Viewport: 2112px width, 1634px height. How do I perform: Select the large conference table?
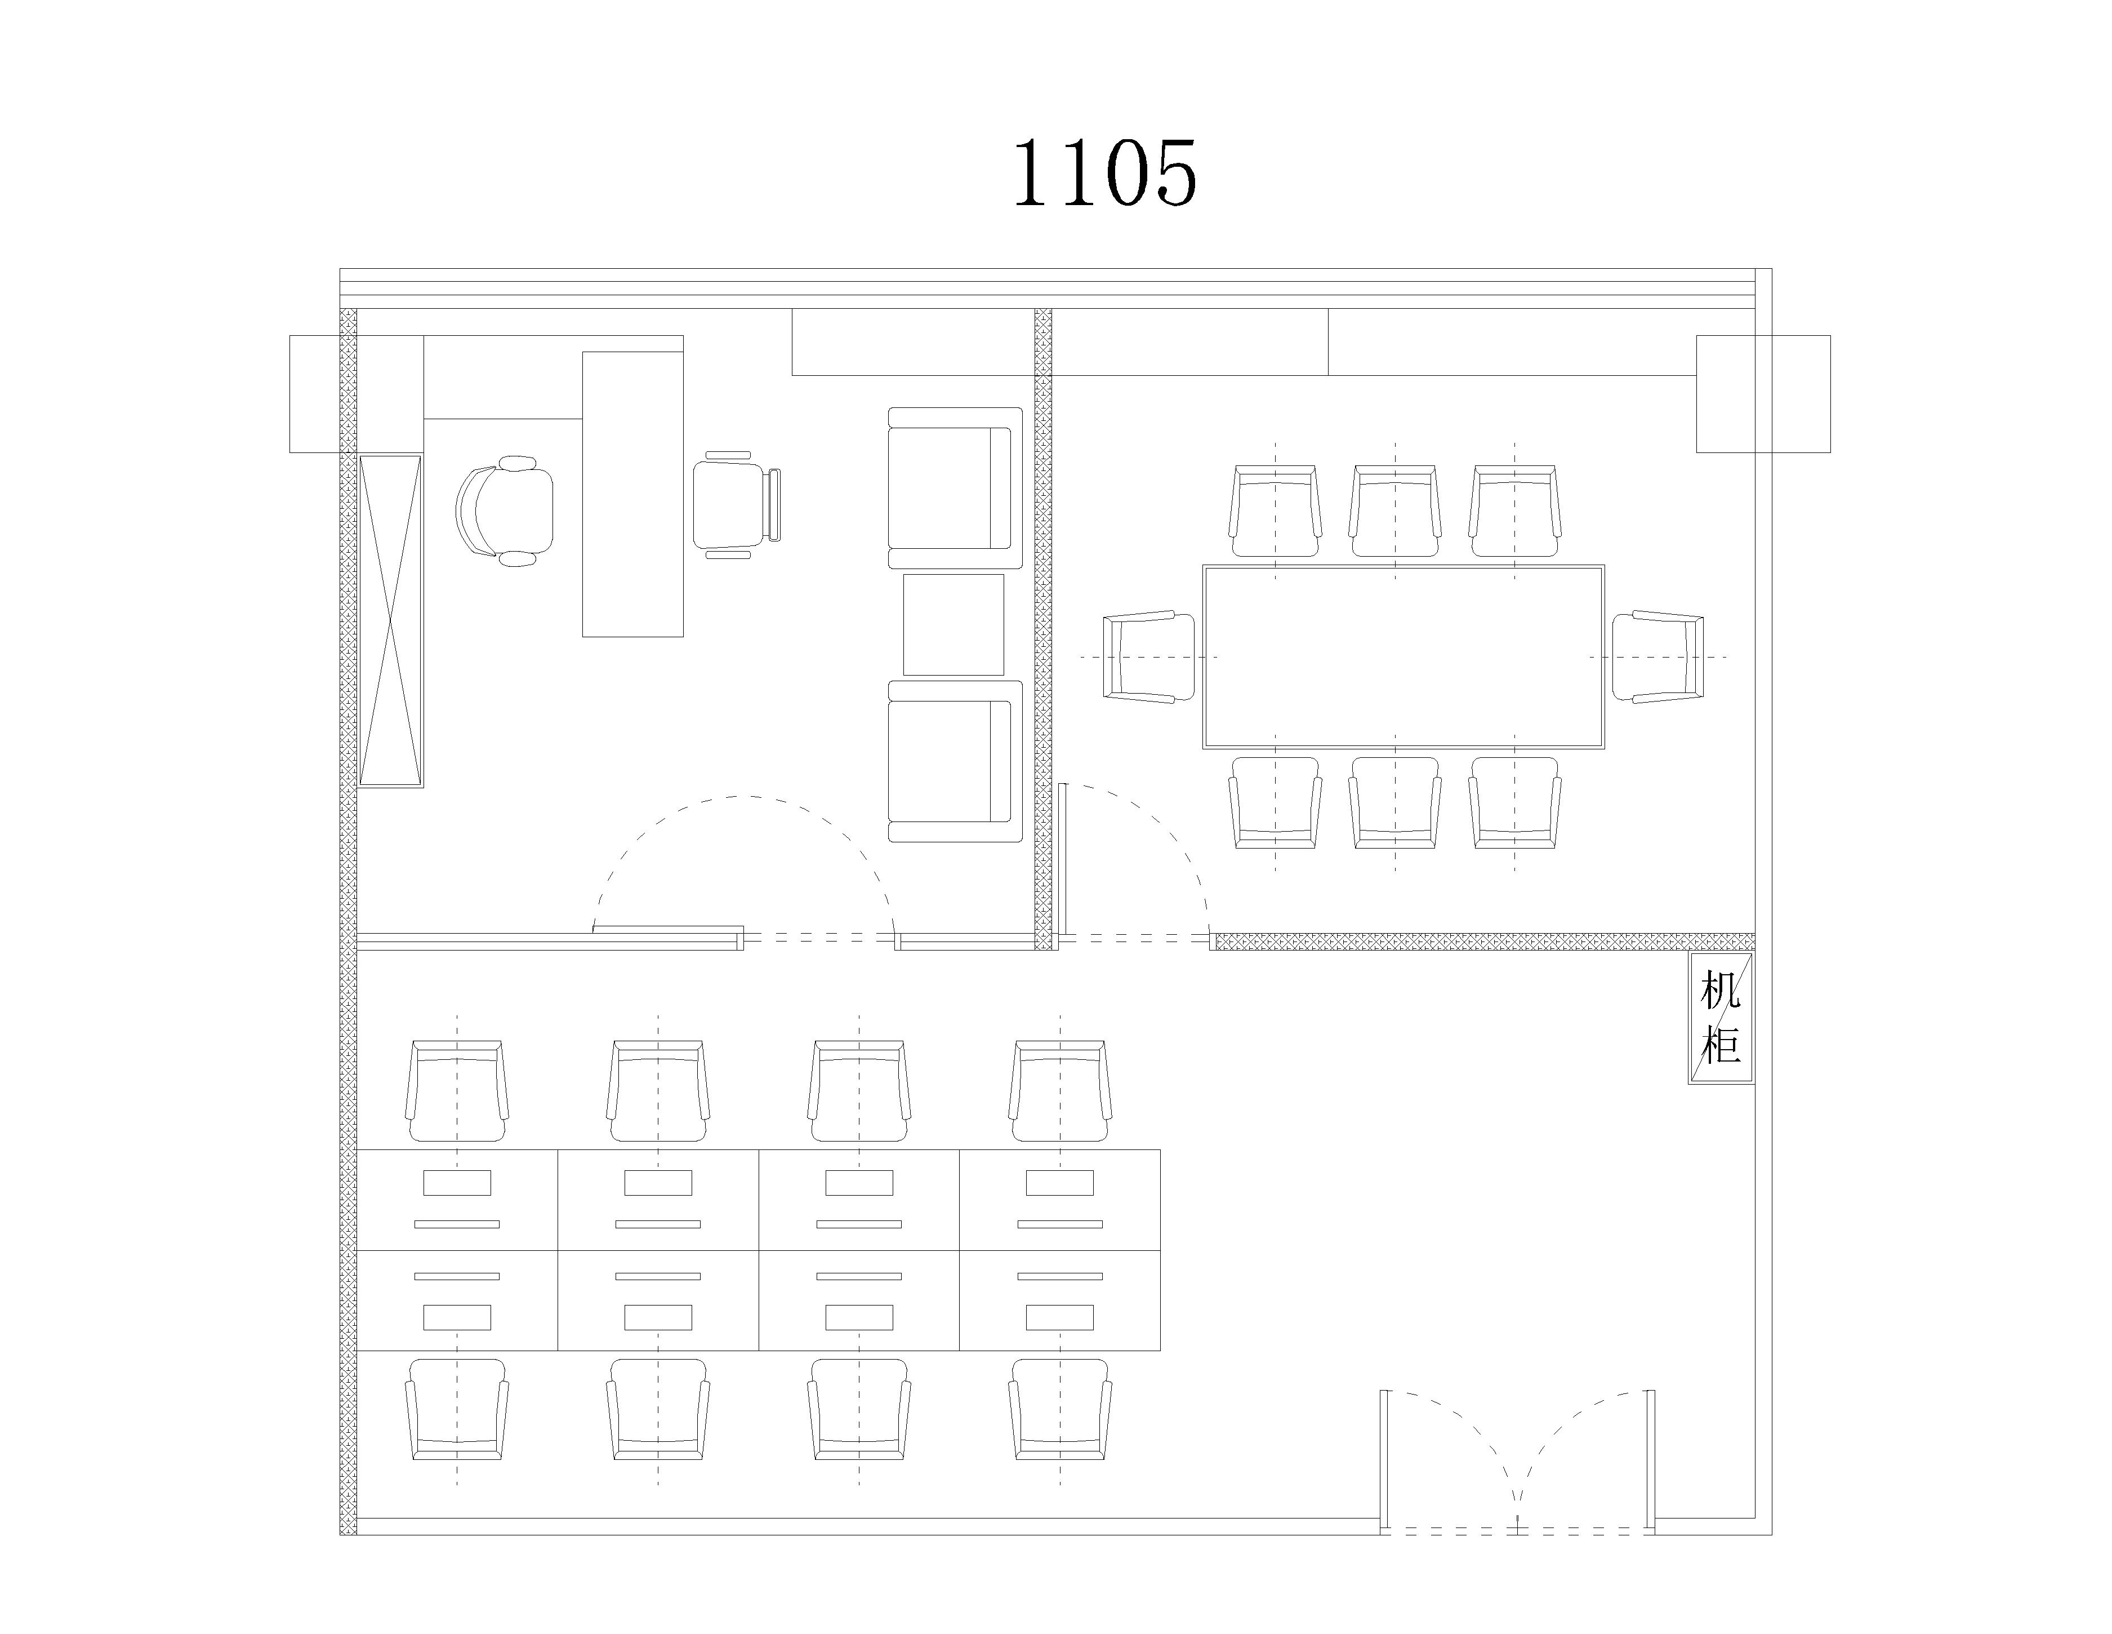click(1403, 657)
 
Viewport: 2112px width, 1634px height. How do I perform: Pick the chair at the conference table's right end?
click(1657, 657)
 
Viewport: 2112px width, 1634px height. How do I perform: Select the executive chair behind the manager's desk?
click(505, 511)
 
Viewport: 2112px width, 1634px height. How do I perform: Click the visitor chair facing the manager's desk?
click(736, 505)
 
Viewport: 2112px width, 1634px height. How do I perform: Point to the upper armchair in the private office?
click(955, 489)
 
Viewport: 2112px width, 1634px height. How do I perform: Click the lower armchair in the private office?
click(955, 761)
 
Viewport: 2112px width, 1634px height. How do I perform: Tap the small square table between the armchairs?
click(953, 625)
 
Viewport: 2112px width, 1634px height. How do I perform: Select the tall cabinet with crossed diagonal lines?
click(391, 620)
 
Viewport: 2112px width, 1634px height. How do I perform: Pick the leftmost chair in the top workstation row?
click(457, 1091)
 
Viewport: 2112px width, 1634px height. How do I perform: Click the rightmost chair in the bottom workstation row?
click(1060, 1410)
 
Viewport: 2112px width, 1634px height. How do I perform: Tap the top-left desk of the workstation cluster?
click(457, 1200)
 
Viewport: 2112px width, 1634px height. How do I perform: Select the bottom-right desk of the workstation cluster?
click(1060, 1300)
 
